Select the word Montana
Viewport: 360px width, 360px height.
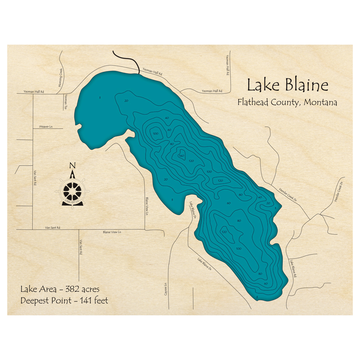pyautogui.click(x=320, y=102)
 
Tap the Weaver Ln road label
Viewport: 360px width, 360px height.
pyautogui.click(x=45, y=126)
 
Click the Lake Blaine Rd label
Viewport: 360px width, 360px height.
pyautogui.click(x=294, y=268)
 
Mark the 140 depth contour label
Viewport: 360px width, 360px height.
pyautogui.click(x=181, y=156)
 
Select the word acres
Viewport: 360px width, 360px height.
pyautogui.click(x=90, y=289)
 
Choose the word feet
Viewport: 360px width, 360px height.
pyautogui.click(x=100, y=300)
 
